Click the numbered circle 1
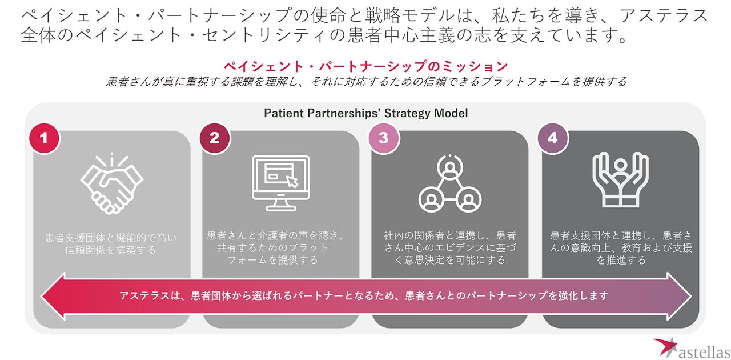coord(44,138)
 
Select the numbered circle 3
coord(383,138)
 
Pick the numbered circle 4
coord(552,138)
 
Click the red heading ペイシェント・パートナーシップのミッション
coord(365,65)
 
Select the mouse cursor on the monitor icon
coord(292,181)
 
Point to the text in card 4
coord(621,247)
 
